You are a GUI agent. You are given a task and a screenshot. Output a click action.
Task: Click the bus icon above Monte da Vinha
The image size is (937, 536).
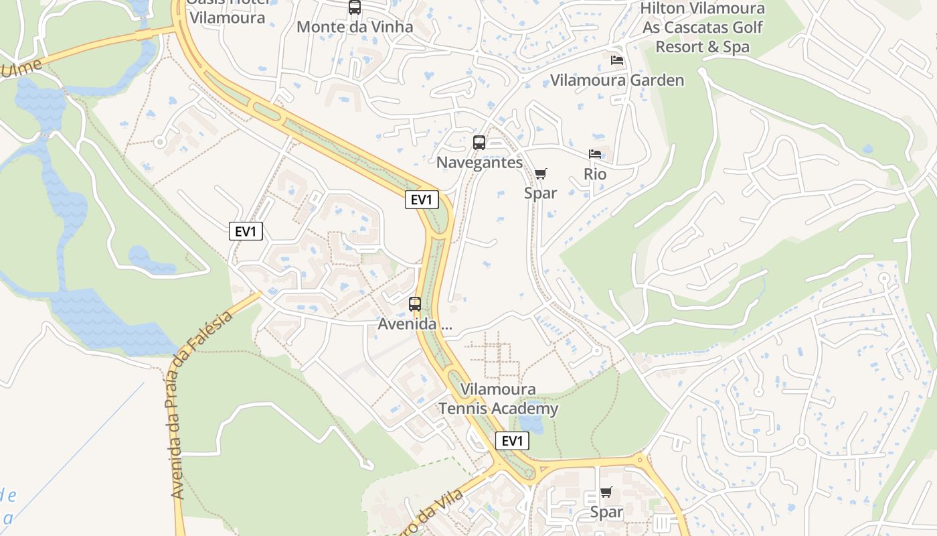tap(355, 7)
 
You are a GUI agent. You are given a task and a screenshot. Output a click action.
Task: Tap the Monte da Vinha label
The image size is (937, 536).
tap(355, 27)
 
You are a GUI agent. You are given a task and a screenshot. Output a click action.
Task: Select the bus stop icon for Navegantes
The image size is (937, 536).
tap(479, 142)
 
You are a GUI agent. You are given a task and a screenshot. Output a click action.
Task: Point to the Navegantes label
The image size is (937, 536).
tap(479, 163)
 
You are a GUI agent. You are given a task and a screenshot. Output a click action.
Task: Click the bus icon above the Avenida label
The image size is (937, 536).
tap(415, 304)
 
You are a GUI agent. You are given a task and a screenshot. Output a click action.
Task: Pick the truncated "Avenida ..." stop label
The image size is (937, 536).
tap(415, 324)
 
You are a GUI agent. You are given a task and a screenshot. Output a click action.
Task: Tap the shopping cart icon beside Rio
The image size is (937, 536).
tap(541, 174)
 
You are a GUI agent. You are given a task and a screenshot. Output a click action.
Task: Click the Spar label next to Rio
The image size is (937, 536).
tap(541, 193)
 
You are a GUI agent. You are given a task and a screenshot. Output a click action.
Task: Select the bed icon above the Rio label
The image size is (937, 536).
tap(594, 154)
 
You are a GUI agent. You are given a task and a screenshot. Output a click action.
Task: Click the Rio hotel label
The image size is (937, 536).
tap(595, 174)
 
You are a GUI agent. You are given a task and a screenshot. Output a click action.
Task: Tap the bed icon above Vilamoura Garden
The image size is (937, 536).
tap(617, 60)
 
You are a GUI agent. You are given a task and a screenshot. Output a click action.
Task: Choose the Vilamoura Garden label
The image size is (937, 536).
tap(617, 80)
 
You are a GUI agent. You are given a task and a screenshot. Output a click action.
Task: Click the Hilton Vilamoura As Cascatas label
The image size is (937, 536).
tap(703, 27)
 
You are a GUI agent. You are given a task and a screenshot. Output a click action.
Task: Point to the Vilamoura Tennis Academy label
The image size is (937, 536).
tap(498, 399)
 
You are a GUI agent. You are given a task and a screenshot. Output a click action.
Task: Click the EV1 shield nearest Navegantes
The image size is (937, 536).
tap(422, 200)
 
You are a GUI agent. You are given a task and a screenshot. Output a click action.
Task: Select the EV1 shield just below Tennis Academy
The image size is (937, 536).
tap(512, 441)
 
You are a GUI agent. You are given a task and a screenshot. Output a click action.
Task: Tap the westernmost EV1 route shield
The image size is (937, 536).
tap(246, 232)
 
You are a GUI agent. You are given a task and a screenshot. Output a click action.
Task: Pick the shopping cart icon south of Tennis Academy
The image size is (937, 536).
tap(606, 492)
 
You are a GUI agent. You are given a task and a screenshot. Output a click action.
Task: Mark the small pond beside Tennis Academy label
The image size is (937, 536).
tap(531, 424)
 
